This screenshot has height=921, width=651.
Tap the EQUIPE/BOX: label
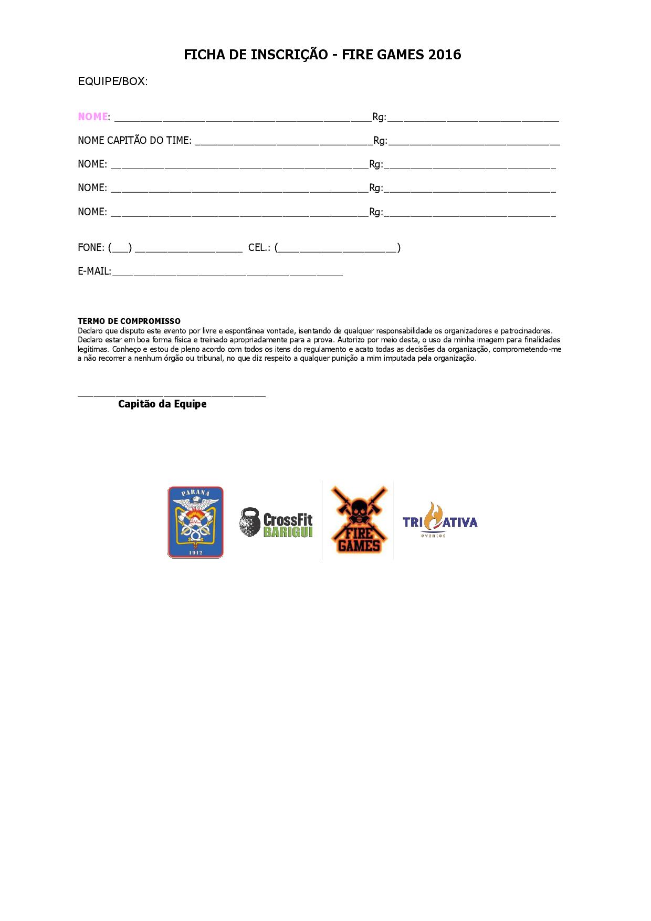(112, 81)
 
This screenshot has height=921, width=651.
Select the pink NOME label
(93, 117)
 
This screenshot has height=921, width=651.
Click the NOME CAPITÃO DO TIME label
(134, 141)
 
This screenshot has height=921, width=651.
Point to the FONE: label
(91, 247)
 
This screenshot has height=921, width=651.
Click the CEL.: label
(259, 247)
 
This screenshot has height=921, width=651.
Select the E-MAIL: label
(94, 271)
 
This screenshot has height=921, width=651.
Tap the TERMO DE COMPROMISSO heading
(129, 321)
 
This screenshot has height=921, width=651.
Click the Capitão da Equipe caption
(162, 404)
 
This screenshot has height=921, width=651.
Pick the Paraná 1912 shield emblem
(195, 522)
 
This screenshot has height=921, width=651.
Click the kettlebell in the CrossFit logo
(250, 522)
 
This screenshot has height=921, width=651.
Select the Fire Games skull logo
(358, 520)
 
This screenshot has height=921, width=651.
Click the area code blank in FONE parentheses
(120, 249)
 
